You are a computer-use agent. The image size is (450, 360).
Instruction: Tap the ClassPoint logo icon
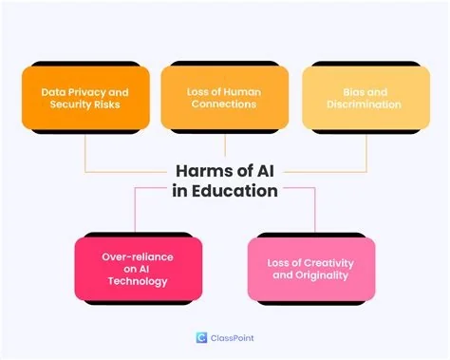pyautogui.click(x=200, y=337)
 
